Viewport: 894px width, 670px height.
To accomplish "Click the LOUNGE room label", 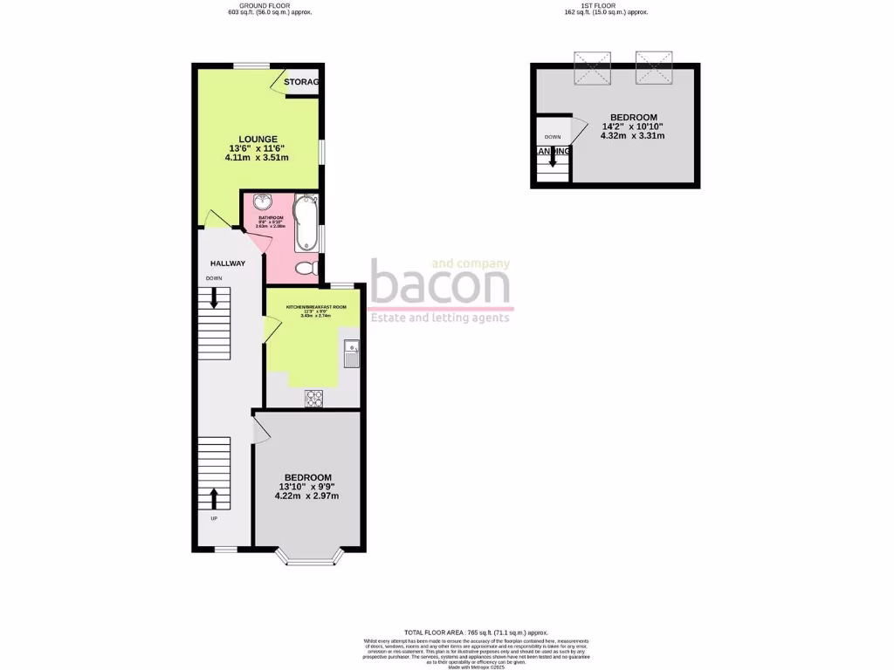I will click(258, 139).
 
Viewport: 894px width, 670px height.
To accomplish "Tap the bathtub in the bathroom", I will click(306, 222).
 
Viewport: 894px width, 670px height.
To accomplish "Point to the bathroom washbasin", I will click(260, 202).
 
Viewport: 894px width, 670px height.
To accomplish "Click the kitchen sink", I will click(352, 354).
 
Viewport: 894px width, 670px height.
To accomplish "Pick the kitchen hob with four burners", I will click(313, 398).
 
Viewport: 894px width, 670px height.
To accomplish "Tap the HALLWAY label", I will click(227, 263).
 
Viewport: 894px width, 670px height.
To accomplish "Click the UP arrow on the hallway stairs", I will click(215, 498).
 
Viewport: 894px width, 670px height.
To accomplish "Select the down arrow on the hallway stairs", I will click(215, 303).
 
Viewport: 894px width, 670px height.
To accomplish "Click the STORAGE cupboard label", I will click(302, 82).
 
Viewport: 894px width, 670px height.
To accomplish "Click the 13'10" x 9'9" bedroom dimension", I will click(306, 487).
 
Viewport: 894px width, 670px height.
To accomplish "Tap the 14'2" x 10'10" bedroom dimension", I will click(633, 126).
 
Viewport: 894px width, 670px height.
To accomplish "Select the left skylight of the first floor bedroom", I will click(592, 69).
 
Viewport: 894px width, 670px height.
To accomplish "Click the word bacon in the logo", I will click(440, 284).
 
